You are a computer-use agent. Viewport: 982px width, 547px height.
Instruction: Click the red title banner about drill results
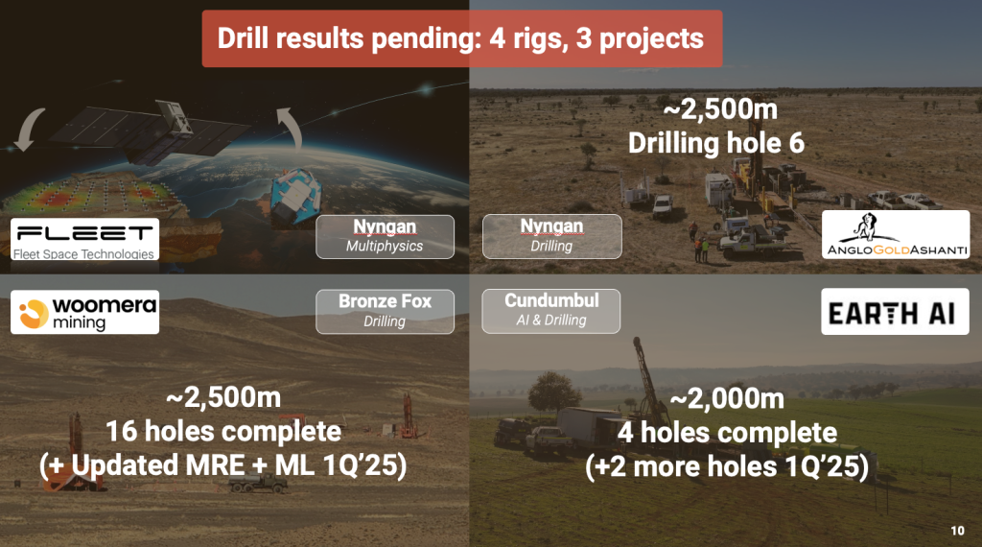pos(461,38)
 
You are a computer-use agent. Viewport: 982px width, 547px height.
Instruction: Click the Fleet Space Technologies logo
pos(84,239)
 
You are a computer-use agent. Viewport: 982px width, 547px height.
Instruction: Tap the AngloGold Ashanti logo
pos(896,234)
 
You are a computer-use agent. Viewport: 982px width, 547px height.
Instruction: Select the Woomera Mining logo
pos(84,312)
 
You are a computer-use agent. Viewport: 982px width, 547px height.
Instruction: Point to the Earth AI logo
pos(895,312)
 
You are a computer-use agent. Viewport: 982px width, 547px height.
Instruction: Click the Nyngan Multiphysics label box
pos(385,236)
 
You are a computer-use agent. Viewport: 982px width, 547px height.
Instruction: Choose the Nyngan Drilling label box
pos(551,236)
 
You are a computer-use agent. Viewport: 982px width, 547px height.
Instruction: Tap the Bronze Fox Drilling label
pos(385,312)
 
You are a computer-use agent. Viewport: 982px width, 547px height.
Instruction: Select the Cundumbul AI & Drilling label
pos(551,311)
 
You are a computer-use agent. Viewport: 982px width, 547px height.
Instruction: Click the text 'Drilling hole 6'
pos(716,144)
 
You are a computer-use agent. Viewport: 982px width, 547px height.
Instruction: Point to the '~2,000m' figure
pos(727,398)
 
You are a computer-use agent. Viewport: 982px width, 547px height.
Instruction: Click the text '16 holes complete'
pos(223,431)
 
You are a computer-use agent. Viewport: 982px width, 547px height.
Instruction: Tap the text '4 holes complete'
pos(727,433)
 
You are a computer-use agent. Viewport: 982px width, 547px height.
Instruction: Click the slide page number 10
pos(958,531)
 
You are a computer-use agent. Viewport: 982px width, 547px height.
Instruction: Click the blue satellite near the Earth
pos(295,196)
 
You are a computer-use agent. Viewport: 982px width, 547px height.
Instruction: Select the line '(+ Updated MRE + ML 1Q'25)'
pos(222,465)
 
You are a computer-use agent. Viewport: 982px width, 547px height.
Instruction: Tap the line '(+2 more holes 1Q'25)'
pos(727,466)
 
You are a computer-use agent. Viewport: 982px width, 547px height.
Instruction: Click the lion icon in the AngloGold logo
pos(867,226)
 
